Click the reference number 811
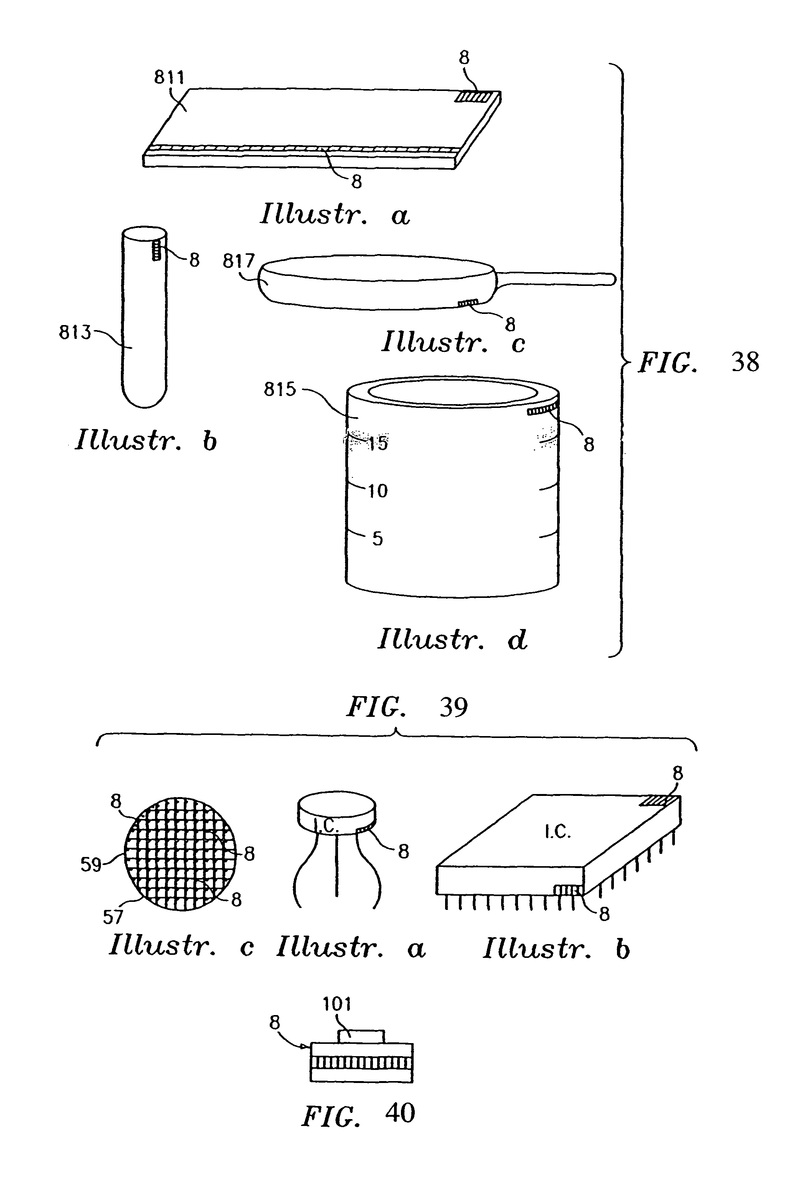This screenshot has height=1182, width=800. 169,77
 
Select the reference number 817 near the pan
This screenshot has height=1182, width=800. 239,261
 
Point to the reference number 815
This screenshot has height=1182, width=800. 279,389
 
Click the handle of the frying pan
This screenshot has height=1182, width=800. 554,278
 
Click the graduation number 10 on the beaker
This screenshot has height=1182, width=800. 378,491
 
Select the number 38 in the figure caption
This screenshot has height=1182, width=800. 745,362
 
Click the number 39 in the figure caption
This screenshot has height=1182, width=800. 453,707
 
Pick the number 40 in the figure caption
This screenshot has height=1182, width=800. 400,1113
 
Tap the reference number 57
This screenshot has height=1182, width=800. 113,917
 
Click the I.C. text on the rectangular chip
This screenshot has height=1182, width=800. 558,832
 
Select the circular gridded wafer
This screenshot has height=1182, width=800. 181,854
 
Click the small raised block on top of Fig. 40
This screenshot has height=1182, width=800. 361,1036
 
